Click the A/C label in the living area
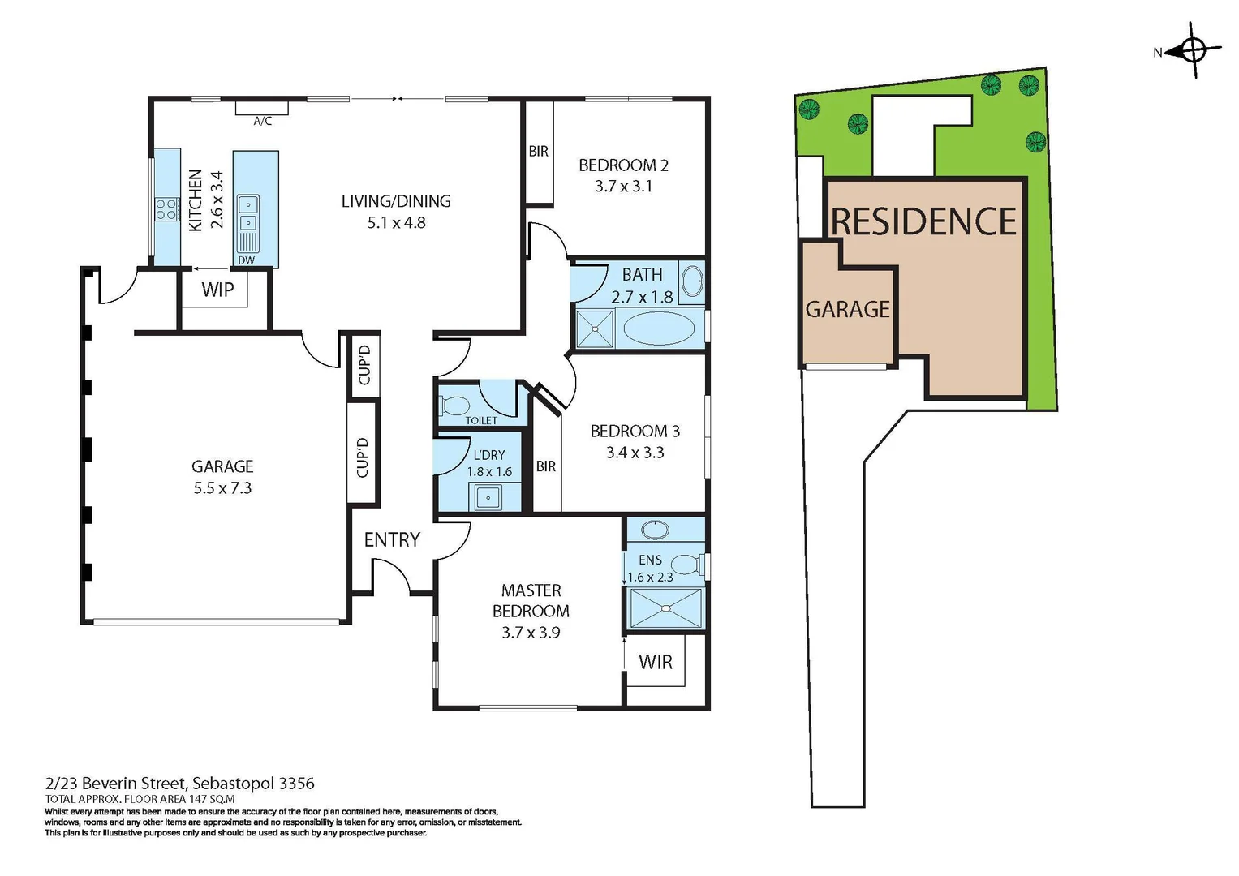tap(262, 122)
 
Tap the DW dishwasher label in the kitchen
tap(246, 260)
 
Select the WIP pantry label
tap(217, 290)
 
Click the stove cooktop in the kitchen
tap(167, 209)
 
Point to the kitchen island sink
tap(247, 213)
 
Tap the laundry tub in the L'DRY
tap(488, 496)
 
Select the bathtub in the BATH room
tap(658, 330)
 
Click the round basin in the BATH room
tap(692, 282)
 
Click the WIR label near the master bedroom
tap(656, 663)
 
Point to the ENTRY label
tap(392, 540)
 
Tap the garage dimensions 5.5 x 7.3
tap(222, 488)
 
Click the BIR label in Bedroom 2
tap(539, 152)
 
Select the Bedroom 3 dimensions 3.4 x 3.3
tap(635, 453)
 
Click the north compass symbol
tap(1194, 51)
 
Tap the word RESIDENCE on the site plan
tap(923, 222)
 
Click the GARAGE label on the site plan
tap(847, 309)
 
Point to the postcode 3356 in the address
tap(296, 784)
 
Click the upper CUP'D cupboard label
tap(364, 365)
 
